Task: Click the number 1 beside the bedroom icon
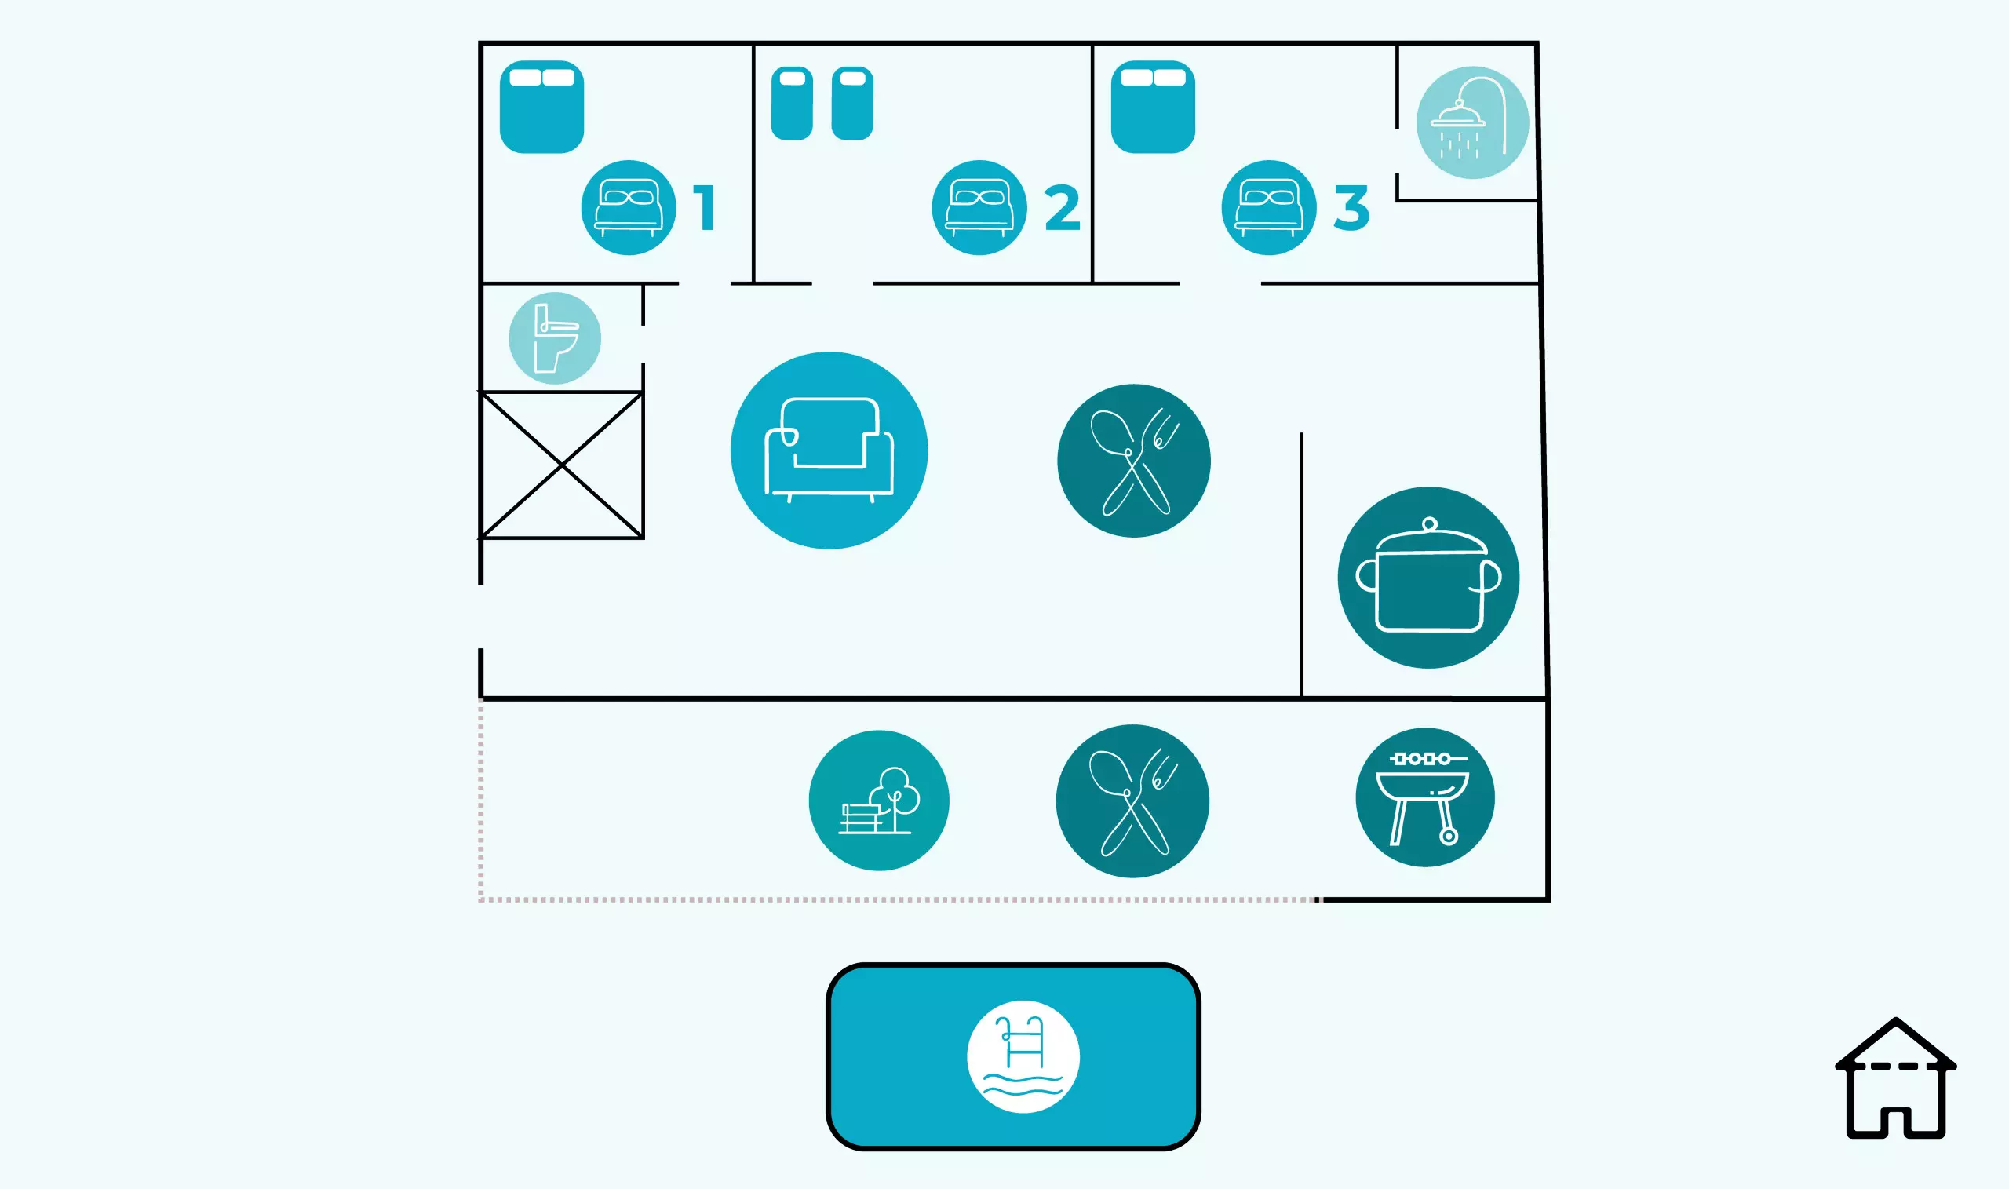(704, 208)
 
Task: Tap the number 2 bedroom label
(1062, 208)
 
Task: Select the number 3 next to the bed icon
(1351, 208)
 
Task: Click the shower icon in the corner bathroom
(1472, 122)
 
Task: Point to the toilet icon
(554, 338)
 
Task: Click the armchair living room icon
(829, 450)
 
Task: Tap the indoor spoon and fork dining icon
(1133, 461)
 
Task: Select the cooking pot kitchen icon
(1428, 577)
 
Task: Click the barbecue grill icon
(1425, 797)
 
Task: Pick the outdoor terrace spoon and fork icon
(1132, 801)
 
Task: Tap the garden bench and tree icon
(879, 801)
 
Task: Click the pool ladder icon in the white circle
(1023, 1057)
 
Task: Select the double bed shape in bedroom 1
(541, 107)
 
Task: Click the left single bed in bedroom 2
(791, 104)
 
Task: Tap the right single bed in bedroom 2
(852, 104)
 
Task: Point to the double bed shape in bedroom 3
(1153, 107)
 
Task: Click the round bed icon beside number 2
(979, 207)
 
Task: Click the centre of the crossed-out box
(563, 465)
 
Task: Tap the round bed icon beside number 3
(1269, 207)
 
